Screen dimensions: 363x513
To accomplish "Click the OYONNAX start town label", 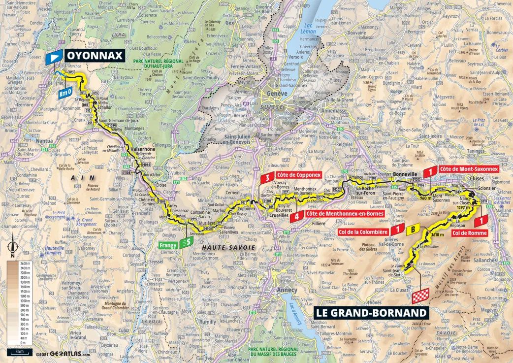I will (94, 56).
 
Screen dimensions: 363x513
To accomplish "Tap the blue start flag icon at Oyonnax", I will (54, 58).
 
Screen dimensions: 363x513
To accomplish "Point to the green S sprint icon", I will (185, 242).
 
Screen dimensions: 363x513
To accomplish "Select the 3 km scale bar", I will (19, 352).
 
